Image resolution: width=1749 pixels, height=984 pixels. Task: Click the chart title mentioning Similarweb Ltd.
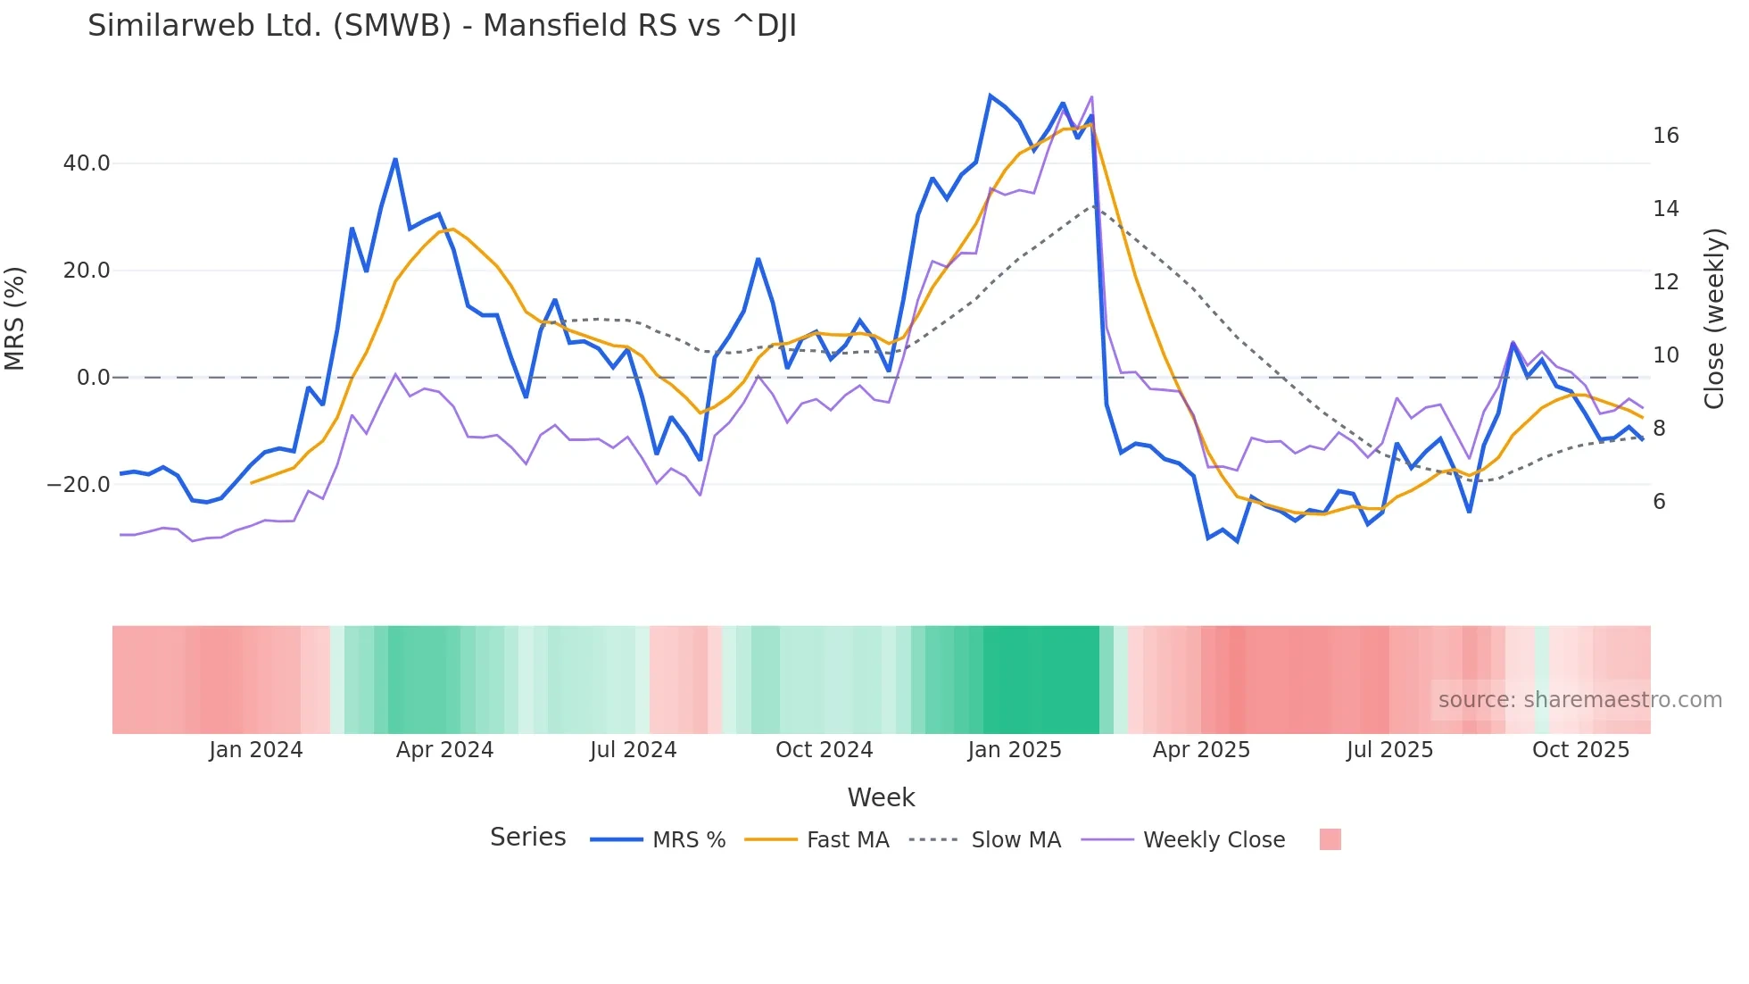coord(442,26)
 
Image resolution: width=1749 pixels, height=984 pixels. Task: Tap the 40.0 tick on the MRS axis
coord(87,163)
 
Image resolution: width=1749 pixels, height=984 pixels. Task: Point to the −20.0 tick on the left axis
coord(79,485)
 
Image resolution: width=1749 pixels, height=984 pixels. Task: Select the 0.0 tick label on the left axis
coord(93,378)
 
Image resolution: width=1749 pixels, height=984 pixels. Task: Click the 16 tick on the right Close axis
coord(1665,136)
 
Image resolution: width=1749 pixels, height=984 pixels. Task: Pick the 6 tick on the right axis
coord(1659,502)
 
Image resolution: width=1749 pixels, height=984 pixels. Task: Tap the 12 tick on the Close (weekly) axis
coord(1665,282)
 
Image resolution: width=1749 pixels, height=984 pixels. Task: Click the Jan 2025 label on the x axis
coord(1015,750)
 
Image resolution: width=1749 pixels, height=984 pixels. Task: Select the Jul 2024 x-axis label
coord(633,750)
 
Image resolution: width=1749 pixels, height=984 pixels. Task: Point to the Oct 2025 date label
coord(1580,750)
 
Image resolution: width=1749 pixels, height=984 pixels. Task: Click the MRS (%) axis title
coord(15,319)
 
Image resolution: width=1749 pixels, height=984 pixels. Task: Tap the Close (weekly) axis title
coord(1713,319)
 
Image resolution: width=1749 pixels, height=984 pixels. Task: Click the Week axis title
coord(881,797)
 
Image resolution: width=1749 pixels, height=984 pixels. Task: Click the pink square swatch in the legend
coord(1330,840)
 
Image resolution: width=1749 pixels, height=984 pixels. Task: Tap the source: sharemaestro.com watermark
coord(1579,700)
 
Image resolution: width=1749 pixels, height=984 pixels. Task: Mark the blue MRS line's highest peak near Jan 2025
coord(991,96)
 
